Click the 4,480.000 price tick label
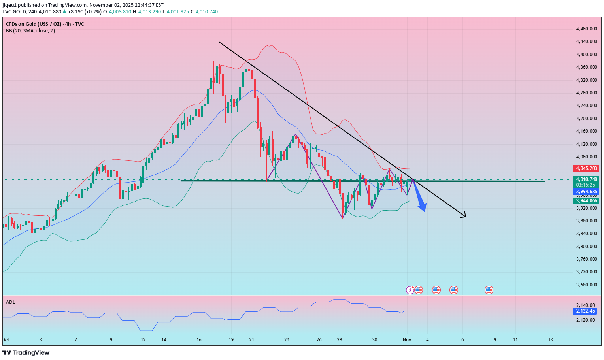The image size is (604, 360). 586,29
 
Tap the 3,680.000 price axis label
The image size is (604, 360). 586,285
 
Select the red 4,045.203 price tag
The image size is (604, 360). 587,168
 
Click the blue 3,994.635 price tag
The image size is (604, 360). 587,192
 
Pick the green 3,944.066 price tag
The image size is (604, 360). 587,201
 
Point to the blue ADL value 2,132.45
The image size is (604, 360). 585,311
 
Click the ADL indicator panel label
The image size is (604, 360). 11,302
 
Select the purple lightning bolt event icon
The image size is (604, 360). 410,290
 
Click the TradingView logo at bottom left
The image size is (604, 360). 26,352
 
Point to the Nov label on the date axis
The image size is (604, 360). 407,340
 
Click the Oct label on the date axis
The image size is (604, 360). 6,340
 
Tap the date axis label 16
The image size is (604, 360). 199,340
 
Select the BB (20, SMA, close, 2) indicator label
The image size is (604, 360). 30,31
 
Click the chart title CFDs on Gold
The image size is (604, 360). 45,24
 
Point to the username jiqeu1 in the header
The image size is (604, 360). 9,5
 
